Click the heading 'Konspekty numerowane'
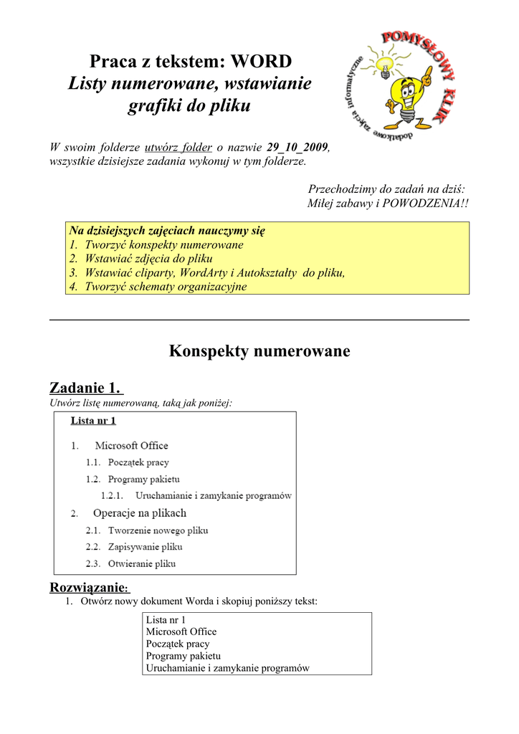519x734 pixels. point(259,351)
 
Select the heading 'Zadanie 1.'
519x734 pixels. point(85,389)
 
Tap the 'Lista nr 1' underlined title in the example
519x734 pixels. point(93,421)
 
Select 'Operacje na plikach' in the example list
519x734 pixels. point(140,513)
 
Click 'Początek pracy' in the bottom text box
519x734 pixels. point(178,644)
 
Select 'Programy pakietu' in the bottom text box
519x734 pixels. point(184,656)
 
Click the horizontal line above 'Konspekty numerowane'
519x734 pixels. point(259,320)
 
